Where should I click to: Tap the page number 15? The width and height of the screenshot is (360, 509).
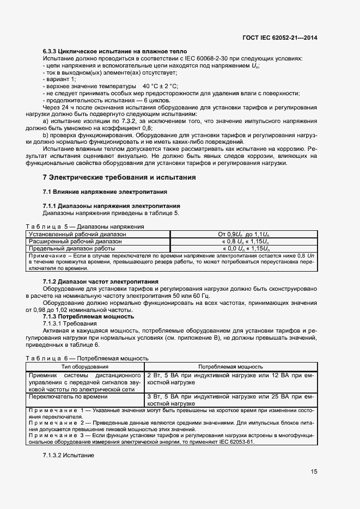click(314, 471)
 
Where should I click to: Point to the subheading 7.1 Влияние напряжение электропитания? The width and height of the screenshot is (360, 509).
click(105, 192)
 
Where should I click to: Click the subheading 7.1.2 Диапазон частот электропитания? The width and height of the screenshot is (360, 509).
click(100, 281)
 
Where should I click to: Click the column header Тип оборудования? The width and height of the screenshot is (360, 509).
click(84, 367)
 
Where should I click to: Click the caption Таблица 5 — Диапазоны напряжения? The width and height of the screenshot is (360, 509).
click(85, 226)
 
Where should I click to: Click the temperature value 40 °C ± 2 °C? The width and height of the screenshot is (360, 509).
click(160, 87)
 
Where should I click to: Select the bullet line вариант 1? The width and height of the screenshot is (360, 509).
click(60, 79)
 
